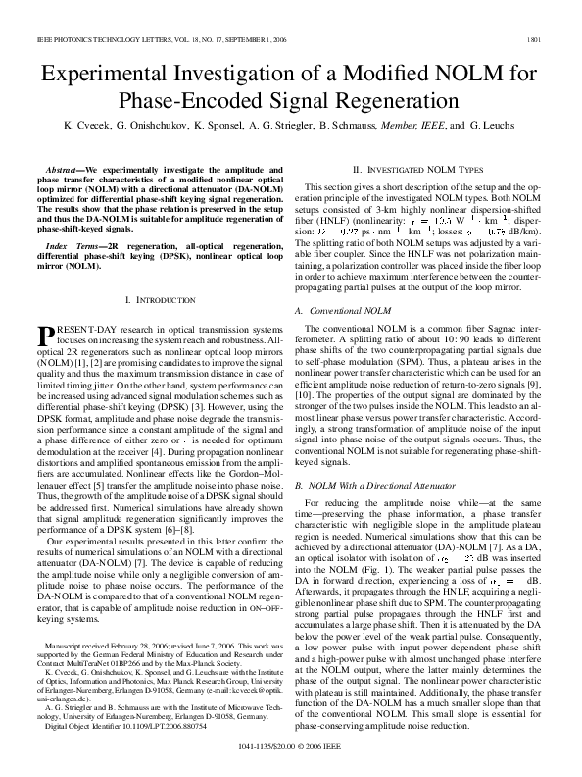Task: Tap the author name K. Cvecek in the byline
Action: (88, 127)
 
